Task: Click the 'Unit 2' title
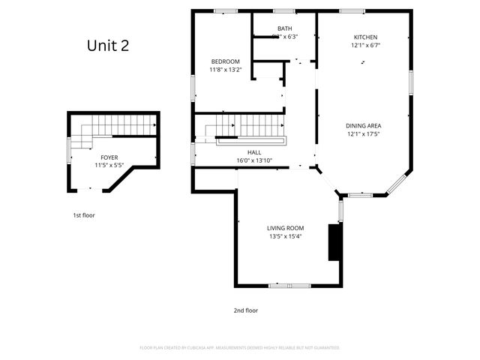coord(108,46)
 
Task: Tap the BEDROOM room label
coord(224,61)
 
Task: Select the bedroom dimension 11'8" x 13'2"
coord(224,70)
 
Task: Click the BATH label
coord(285,28)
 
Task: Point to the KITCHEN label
coord(365,37)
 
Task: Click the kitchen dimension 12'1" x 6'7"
coord(365,46)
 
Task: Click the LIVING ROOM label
coord(285,228)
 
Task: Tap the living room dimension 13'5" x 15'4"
coord(285,236)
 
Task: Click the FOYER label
coord(109,157)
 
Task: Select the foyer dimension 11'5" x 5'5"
coord(109,165)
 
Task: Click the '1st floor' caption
coord(83,215)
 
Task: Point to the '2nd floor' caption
coord(245,310)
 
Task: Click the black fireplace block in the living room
coord(334,242)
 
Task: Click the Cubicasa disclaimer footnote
coord(240,348)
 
